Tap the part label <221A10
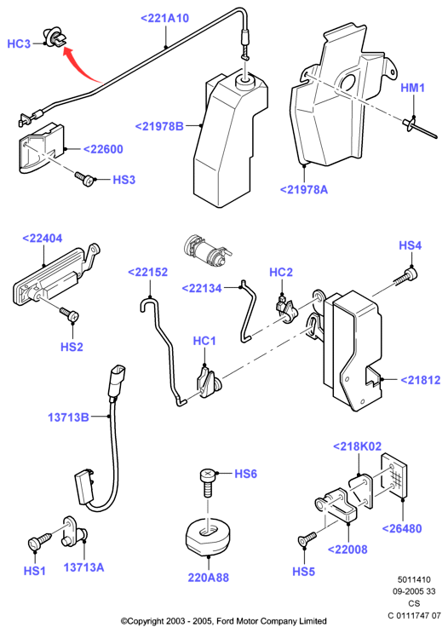coord(164,18)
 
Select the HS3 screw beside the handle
coord(84,179)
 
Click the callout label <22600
coord(103,149)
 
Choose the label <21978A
coord(304,189)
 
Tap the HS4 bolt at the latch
coord(406,278)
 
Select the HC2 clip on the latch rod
coord(286,309)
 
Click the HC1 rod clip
coord(209,382)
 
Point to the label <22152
coord(147,272)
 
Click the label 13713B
coord(68,417)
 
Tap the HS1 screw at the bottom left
coord(39,541)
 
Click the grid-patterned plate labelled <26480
coord(394,475)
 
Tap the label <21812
coord(421,380)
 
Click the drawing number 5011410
coord(414,579)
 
